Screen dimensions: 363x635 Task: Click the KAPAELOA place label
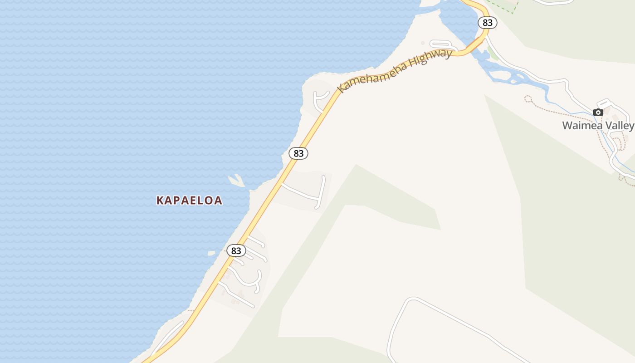pos(189,200)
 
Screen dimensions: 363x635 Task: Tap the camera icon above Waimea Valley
pos(598,113)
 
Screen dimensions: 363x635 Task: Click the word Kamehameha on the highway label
pos(372,75)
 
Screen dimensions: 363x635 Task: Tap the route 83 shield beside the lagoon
pos(487,23)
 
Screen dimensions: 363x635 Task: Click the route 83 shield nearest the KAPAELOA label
pos(236,250)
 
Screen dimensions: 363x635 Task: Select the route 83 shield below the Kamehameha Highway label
pos(298,153)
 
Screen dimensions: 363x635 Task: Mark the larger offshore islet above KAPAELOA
pos(237,181)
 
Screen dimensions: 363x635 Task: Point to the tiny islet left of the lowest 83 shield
pos(211,253)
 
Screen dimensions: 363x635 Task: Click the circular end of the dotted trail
pos(528,98)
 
